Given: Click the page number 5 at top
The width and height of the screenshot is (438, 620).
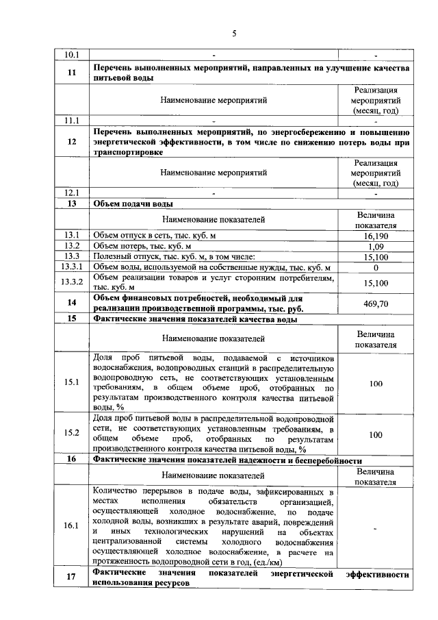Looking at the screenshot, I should coord(233,32).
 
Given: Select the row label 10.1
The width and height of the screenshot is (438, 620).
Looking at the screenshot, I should coord(71,55).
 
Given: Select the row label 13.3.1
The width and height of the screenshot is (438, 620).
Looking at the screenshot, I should coord(71,266).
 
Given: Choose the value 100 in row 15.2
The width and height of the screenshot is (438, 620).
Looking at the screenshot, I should coord(376,434).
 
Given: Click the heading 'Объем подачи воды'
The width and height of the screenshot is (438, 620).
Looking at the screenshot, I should coord(133,203).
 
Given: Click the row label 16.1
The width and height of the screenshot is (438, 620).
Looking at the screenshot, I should coord(71,526).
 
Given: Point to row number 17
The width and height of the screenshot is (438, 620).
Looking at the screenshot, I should coord(71,576).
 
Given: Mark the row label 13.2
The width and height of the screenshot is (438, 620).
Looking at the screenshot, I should coord(71,245).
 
